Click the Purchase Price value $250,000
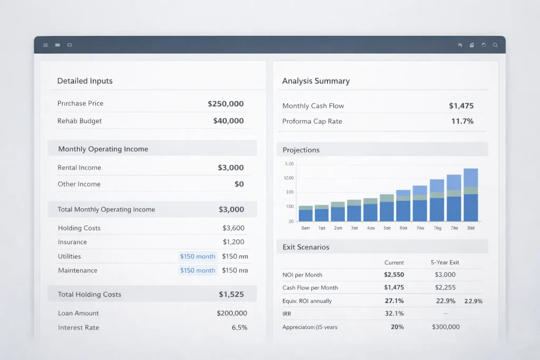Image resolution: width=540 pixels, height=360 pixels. (226, 104)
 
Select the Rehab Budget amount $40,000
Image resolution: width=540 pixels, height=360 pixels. (228, 121)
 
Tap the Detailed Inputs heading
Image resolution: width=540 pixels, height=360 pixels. (85, 81)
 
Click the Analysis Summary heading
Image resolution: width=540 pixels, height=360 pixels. (316, 81)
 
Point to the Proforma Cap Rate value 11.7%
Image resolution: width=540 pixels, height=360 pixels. (462, 121)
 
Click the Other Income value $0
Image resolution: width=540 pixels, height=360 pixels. (239, 184)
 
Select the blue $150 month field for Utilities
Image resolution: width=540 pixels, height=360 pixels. (198, 257)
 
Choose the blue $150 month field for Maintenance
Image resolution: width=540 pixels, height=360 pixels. (198, 270)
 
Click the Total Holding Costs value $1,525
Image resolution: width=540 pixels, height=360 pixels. (231, 294)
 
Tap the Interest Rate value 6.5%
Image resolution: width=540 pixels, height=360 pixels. (239, 327)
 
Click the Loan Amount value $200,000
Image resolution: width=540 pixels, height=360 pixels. (232, 313)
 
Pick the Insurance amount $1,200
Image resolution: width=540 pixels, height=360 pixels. (234, 242)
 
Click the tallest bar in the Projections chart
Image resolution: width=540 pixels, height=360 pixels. (470, 195)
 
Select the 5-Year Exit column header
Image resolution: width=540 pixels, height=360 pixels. (445, 262)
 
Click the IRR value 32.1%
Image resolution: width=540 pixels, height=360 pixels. (394, 313)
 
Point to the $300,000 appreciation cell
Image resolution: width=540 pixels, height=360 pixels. (446, 327)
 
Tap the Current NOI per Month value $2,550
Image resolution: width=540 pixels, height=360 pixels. (394, 275)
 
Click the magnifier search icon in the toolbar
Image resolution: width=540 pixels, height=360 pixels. (495, 45)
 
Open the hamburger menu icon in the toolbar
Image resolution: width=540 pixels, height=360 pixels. (45, 45)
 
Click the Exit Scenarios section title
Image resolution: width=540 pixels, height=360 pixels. (306, 247)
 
